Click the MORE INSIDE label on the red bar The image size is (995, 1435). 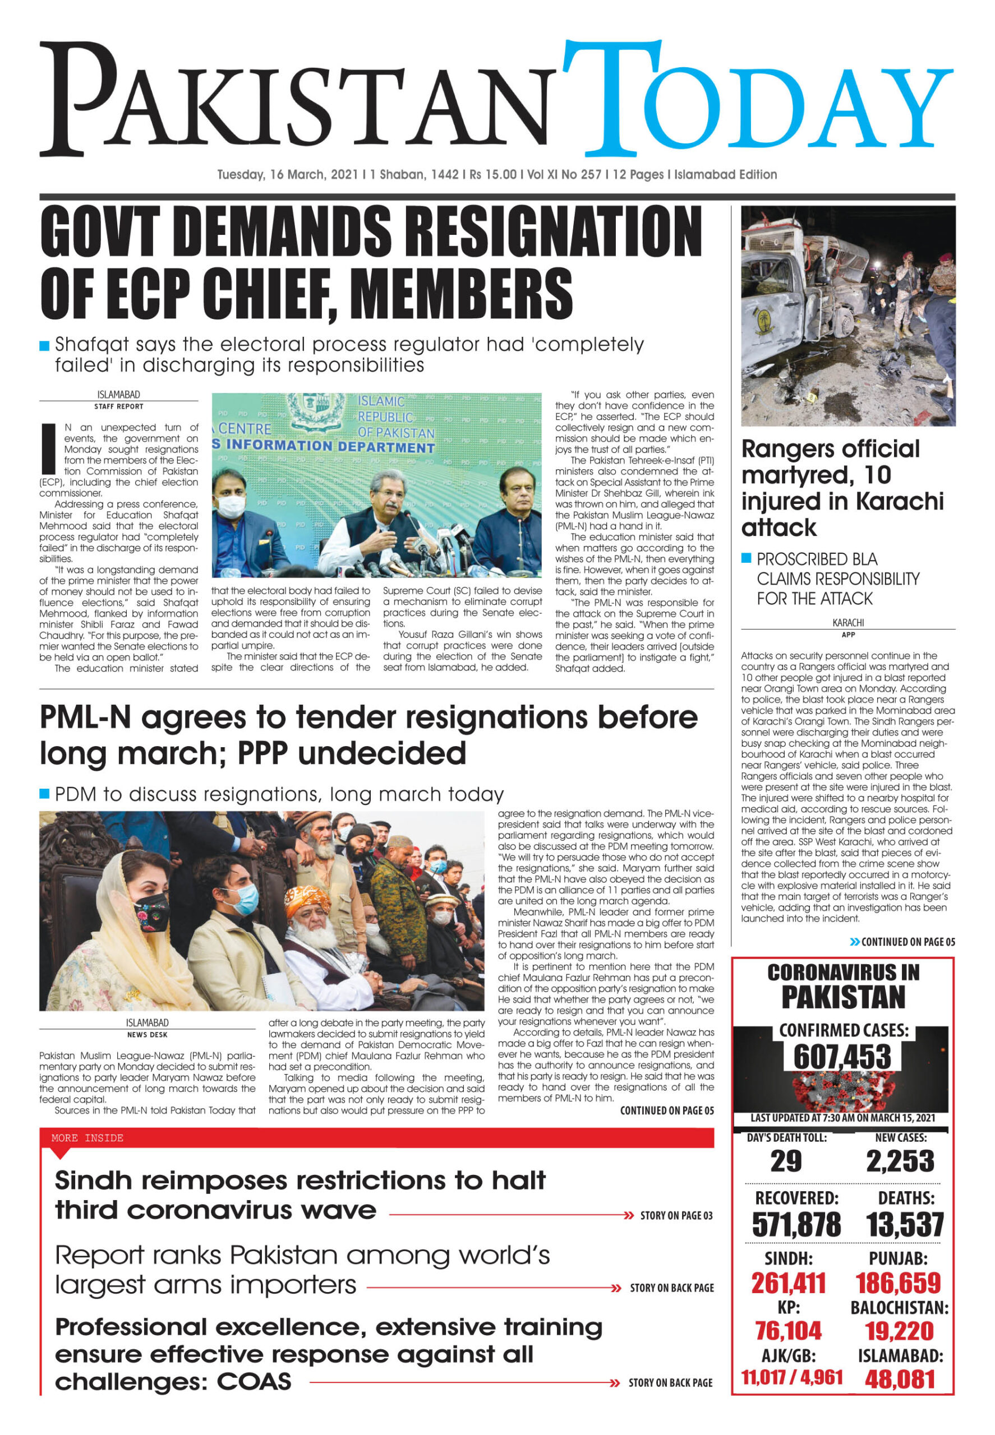[x=87, y=1138]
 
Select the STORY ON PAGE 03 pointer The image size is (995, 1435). [x=676, y=1215]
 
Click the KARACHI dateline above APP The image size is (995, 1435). [x=848, y=622]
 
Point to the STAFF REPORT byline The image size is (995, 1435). [x=118, y=406]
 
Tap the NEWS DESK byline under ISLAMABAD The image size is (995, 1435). [x=147, y=1034]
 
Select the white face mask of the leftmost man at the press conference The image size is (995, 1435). [x=230, y=506]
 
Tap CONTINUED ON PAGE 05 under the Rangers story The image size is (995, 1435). [x=907, y=942]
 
